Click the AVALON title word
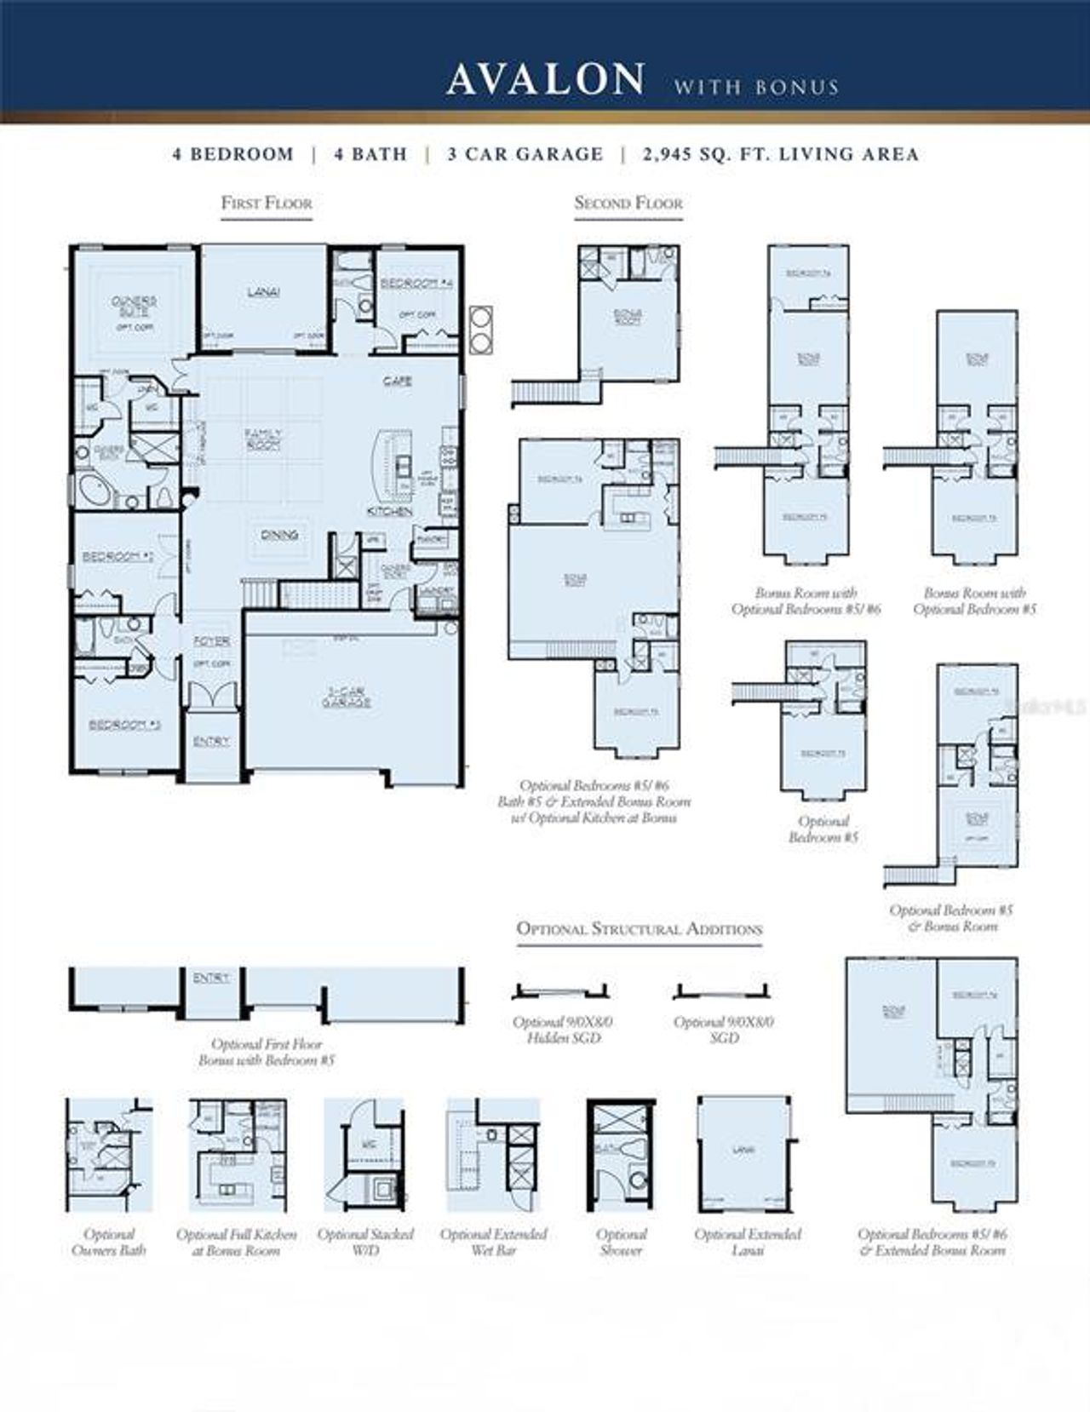pos(545,80)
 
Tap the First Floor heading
pos(267,204)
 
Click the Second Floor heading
pos(628,204)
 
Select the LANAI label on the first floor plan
pos(263,292)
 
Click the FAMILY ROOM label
pos(263,439)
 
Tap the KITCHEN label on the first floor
pos(389,511)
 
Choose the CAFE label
pos(398,381)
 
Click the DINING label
pos(279,535)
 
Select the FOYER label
pos(211,640)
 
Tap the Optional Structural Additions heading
pos(640,929)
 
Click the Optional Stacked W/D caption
pos(365,1242)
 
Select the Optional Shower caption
pos(622,1242)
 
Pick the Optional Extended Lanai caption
pos(748,1242)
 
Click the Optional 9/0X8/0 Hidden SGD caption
pos(563,1030)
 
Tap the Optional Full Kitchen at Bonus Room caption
pos(237,1242)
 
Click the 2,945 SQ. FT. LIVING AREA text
pos(781,154)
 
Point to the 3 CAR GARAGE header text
pos(525,154)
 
